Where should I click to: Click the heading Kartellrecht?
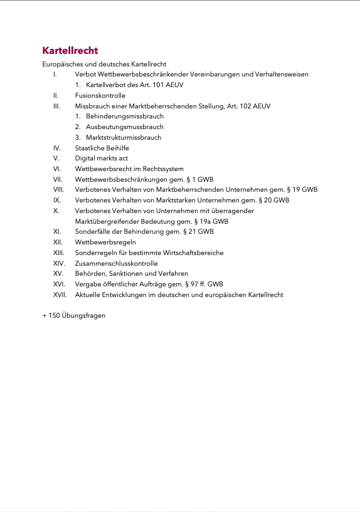coord(70,51)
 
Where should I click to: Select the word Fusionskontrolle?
coord(100,95)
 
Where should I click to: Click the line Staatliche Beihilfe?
coord(102,148)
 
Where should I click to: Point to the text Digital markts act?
coord(101,159)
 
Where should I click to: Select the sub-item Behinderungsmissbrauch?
coord(125,117)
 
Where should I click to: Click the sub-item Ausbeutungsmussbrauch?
coord(124,127)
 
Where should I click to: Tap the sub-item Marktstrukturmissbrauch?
coord(124,137)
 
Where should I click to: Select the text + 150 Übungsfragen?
coord(73,315)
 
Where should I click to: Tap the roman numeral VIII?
coord(59,189)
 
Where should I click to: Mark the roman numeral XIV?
coord(59,263)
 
